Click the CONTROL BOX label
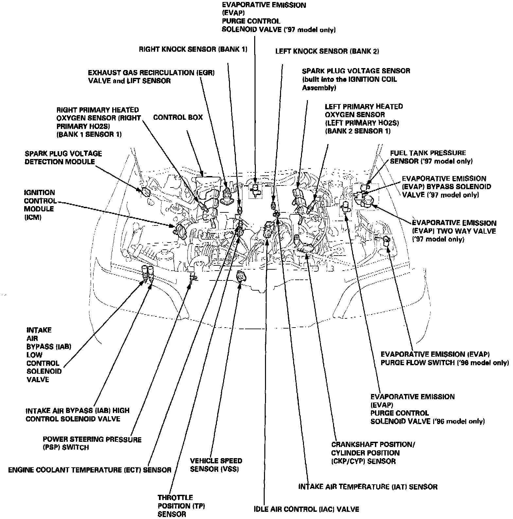click(x=178, y=117)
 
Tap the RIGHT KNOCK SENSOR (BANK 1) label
click(x=193, y=49)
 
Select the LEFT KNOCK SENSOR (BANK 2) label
click(x=327, y=51)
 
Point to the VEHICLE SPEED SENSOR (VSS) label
click(x=216, y=465)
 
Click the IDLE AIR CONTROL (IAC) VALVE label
click(x=307, y=509)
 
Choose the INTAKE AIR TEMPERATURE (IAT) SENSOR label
click(x=368, y=487)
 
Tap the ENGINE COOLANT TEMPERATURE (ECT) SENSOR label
click(x=90, y=470)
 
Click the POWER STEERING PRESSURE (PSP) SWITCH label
click(x=92, y=443)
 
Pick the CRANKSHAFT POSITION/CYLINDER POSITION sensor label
click(x=373, y=453)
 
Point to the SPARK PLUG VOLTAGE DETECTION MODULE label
click(x=63, y=157)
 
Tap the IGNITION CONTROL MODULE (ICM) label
click(x=39, y=205)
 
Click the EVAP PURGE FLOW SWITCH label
click(x=445, y=358)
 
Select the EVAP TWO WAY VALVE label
click(x=454, y=231)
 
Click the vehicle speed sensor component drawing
click(x=241, y=277)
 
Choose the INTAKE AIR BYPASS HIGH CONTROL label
click(x=78, y=415)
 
